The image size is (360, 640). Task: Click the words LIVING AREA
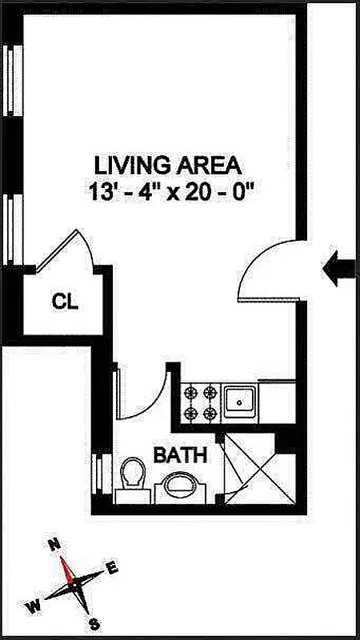pyautogui.click(x=168, y=166)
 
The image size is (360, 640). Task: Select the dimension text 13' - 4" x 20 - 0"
pyautogui.click(x=168, y=192)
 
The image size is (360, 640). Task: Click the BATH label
pyautogui.click(x=180, y=456)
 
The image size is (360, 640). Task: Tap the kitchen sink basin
pyautogui.click(x=238, y=402)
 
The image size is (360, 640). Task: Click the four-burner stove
pyautogui.click(x=201, y=402)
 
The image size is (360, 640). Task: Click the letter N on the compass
pyautogui.click(x=55, y=545)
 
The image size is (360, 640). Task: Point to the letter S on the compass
pyautogui.click(x=94, y=624)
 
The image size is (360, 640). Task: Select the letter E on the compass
pyautogui.click(x=113, y=568)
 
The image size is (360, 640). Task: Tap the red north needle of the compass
pyautogui.click(x=69, y=570)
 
